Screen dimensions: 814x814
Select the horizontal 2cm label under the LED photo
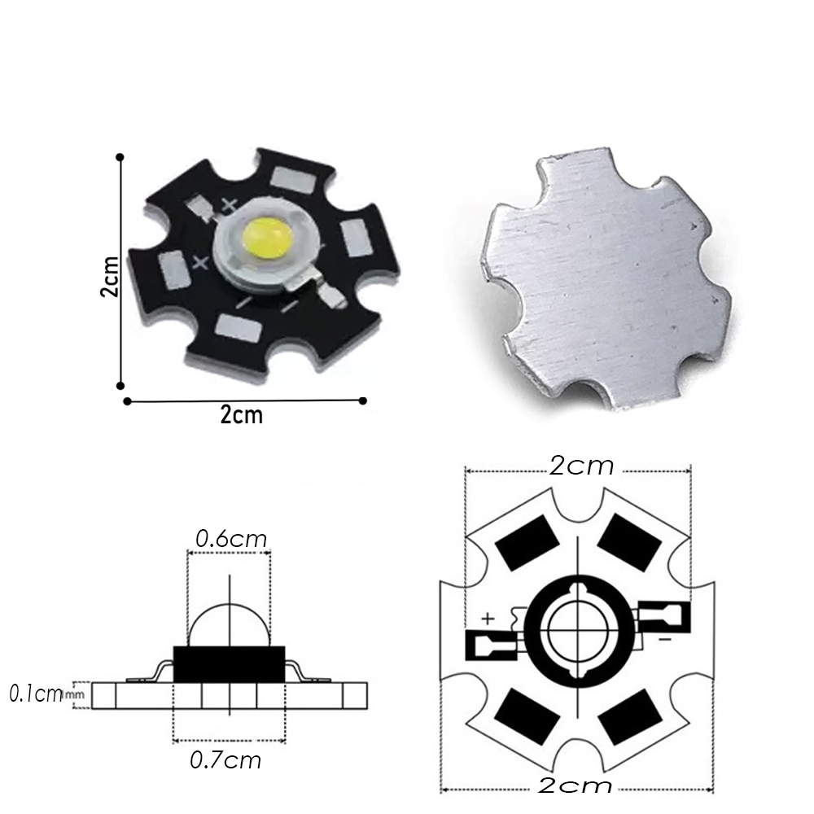pyautogui.click(x=242, y=414)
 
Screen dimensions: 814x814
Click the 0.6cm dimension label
pyautogui.click(x=230, y=538)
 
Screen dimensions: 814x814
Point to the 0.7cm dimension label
pyautogui.click(x=225, y=760)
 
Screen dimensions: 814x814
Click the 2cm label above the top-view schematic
pyautogui.click(x=580, y=466)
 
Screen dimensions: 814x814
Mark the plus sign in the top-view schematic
pyautogui.click(x=488, y=619)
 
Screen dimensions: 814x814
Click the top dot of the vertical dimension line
pyautogui.click(x=120, y=156)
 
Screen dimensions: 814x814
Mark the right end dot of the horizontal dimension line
pyautogui.click(x=363, y=400)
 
